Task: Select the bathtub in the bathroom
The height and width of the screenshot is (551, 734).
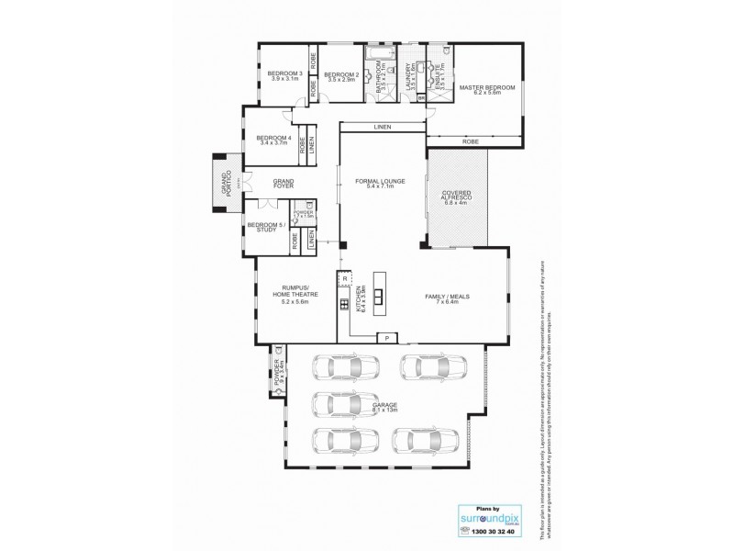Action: click(x=376, y=68)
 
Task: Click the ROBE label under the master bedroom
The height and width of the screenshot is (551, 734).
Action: click(x=471, y=141)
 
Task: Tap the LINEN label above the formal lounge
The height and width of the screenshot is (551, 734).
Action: click(x=383, y=126)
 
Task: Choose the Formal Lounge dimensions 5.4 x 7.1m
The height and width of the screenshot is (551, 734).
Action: click(x=380, y=186)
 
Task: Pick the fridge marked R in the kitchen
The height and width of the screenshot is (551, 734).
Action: click(x=346, y=277)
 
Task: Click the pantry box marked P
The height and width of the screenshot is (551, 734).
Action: click(x=387, y=338)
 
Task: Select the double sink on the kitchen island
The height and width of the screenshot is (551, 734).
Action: click(x=377, y=296)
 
